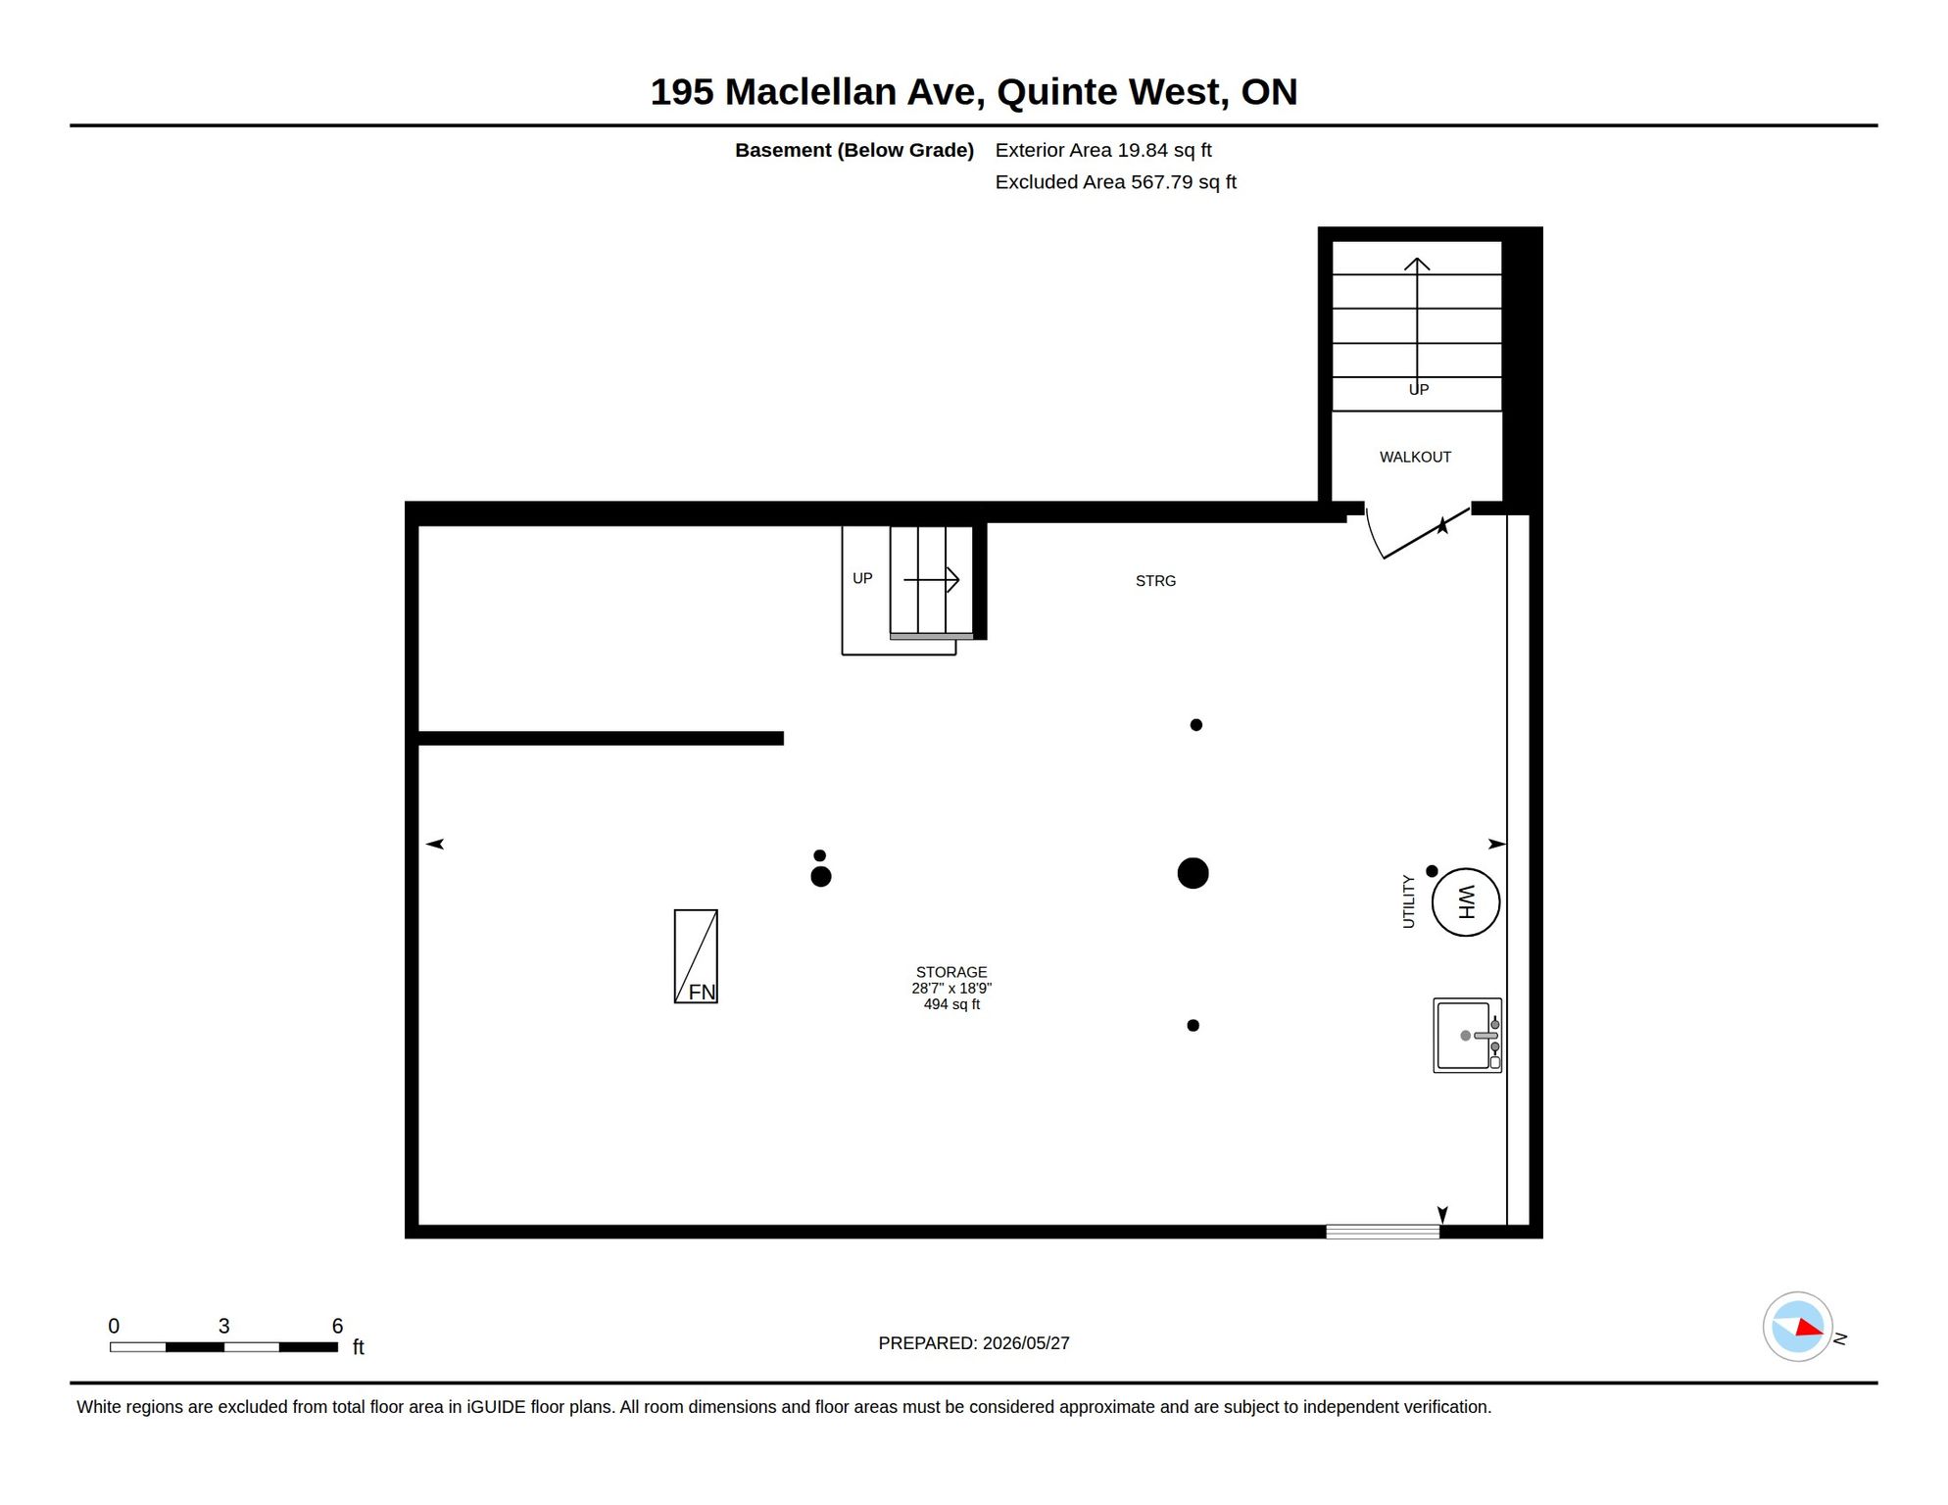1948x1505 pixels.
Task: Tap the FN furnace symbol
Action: click(696, 956)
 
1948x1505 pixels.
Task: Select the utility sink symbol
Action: click(1467, 1036)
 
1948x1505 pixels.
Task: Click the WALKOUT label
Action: click(1415, 458)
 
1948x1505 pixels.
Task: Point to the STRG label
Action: click(1155, 581)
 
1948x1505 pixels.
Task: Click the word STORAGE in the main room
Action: click(951, 972)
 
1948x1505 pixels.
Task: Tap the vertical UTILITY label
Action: click(1408, 901)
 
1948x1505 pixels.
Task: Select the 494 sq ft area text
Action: click(951, 1004)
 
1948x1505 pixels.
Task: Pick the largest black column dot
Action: click(1193, 873)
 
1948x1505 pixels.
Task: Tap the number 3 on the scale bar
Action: click(223, 1326)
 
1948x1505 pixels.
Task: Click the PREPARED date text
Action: click(974, 1343)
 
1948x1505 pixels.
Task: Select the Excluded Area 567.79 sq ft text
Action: click(1115, 182)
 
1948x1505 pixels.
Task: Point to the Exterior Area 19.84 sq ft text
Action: click(1103, 150)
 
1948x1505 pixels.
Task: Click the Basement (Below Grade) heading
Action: click(854, 150)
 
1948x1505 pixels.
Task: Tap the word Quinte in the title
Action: click(1057, 92)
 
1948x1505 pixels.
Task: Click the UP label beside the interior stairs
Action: click(862, 578)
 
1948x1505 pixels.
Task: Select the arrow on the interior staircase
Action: click(931, 580)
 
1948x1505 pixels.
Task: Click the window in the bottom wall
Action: click(1383, 1233)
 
